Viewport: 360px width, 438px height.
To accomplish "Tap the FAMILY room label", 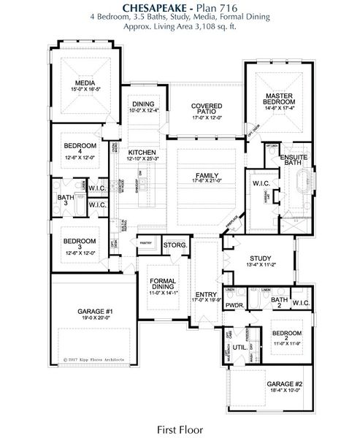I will click(206, 175).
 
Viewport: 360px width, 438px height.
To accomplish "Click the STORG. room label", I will click(175, 245).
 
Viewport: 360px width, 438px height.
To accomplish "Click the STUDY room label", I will click(261, 258).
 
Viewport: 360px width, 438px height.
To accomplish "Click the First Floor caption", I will click(179, 429).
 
